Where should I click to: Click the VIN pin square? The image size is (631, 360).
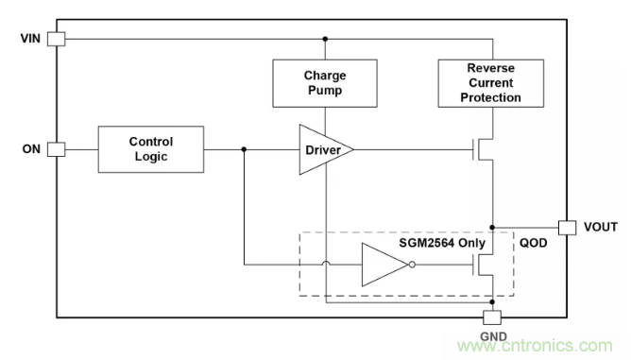[x=57, y=39]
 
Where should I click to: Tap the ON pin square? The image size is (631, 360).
[x=57, y=149]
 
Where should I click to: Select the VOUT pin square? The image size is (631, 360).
[x=567, y=228]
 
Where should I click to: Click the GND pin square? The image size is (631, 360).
[x=492, y=317]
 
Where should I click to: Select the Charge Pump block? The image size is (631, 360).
[x=325, y=83]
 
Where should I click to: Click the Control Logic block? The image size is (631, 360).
[x=151, y=149]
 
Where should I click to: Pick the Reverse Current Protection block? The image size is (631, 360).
[x=491, y=83]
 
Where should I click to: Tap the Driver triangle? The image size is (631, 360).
[x=322, y=150]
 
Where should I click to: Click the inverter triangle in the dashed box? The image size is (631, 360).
[x=383, y=265]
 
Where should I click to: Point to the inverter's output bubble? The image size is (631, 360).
[x=412, y=265]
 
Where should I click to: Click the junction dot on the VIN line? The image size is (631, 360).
[x=325, y=39]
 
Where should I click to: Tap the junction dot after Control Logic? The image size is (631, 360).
[x=244, y=149]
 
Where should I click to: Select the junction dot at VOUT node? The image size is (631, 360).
[x=492, y=228]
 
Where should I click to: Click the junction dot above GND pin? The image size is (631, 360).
[x=492, y=301]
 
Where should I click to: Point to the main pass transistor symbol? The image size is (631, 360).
[x=482, y=149]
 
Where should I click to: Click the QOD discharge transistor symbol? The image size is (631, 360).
[x=482, y=265]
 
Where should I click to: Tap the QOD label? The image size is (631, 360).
[x=533, y=243]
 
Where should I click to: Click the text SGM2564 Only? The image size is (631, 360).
[x=442, y=243]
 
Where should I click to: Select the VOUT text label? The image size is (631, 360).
[x=601, y=227]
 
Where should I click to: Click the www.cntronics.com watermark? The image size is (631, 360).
[x=535, y=346]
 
